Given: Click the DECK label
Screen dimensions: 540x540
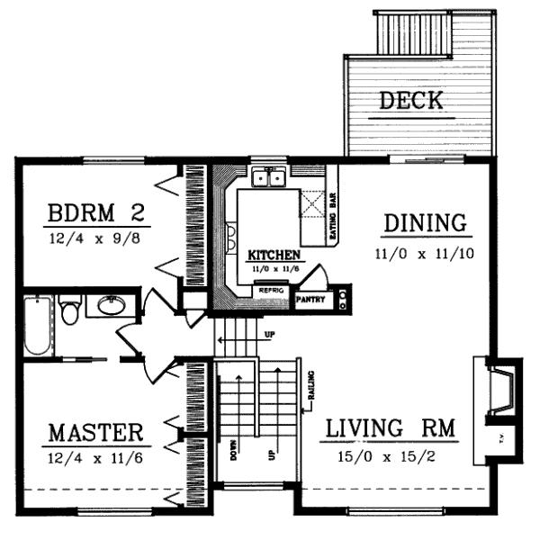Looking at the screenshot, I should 411,100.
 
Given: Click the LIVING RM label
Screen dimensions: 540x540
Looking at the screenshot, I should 390,427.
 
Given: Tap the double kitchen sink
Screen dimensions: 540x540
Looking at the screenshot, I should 268,178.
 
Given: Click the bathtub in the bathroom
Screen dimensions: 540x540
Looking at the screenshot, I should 38,324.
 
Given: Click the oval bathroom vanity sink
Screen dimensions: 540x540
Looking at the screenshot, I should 111,307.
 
